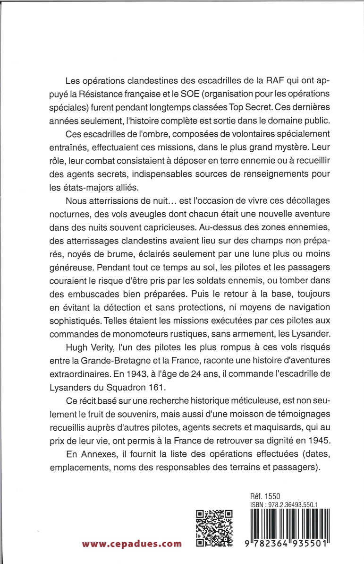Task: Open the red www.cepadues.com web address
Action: [131, 544]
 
